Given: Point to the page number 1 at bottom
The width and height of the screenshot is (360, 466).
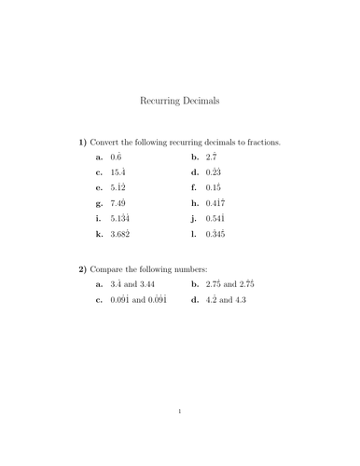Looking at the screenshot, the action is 180,435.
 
